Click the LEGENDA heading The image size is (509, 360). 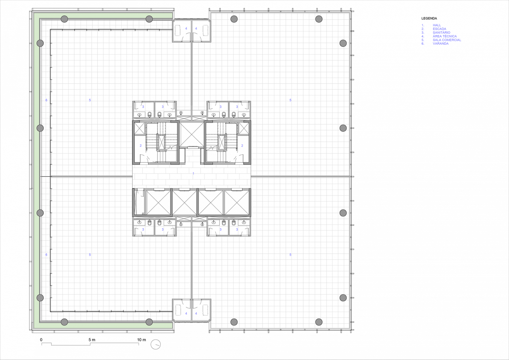coord(429,19)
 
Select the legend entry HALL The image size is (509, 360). coord(437,25)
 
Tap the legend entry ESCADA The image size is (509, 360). coord(439,29)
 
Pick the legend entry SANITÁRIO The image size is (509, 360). coord(441,32)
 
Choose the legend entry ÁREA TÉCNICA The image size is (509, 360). coord(444,36)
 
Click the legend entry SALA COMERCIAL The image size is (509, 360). coord(447,40)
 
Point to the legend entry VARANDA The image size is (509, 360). coord(440,43)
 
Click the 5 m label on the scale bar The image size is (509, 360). coord(92,340)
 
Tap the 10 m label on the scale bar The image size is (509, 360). coord(141,340)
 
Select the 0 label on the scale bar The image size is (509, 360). coord(41,340)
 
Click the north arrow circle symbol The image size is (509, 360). coord(155,344)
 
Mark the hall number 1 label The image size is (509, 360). coord(194,173)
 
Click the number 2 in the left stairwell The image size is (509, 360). coord(141,146)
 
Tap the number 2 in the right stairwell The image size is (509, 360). coord(242,146)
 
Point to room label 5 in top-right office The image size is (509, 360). coord(290,100)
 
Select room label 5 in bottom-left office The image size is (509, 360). coord(90,255)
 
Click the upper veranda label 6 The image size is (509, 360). coord(46,100)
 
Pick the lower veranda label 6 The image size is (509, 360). coord(46,255)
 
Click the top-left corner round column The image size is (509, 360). coord(64,19)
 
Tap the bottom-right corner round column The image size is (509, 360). coord(319,322)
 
